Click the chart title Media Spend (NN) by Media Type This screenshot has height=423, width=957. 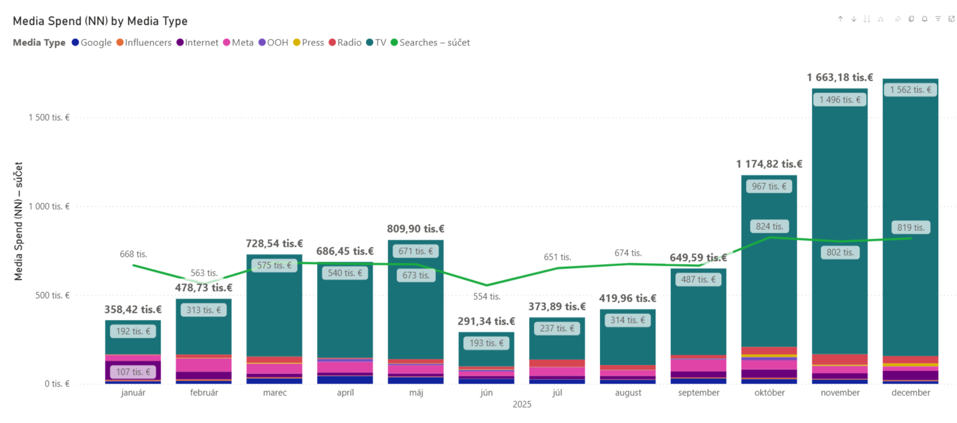click(100, 21)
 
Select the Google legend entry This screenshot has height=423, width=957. click(91, 42)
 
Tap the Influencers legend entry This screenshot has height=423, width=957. click(144, 42)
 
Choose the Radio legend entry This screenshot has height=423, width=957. click(345, 42)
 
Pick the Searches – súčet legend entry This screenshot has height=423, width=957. click(430, 42)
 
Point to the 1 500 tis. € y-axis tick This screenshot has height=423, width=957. click(49, 117)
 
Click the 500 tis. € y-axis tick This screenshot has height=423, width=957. click(52, 295)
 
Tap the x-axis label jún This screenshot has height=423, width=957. click(486, 393)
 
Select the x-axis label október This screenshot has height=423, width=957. click(769, 393)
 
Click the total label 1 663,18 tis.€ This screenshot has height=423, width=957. click(840, 77)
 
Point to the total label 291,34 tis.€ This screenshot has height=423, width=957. click(486, 321)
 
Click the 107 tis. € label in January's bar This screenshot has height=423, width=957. click(133, 372)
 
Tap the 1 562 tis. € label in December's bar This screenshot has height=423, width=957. click(910, 90)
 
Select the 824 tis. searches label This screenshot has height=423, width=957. click(769, 226)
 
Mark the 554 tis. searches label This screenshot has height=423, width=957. click(486, 296)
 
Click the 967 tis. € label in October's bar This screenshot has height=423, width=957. click(768, 186)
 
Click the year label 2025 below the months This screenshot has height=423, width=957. click(522, 405)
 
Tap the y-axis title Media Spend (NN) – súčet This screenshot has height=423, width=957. click(18, 222)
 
